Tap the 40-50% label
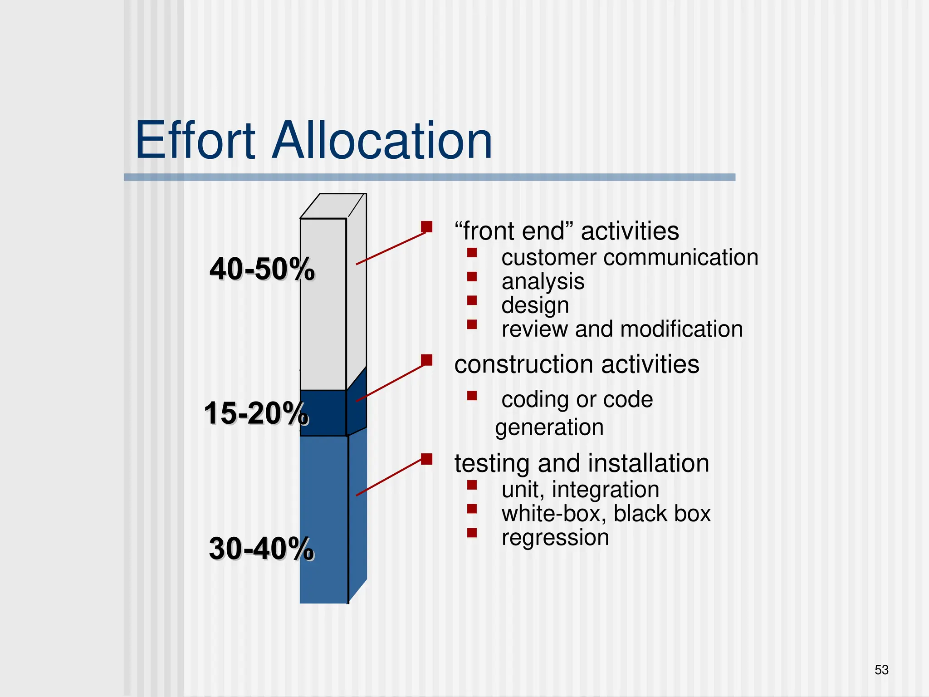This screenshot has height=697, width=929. point(262,269)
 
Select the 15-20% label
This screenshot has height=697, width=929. point(256,413)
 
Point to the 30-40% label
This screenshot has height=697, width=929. point(261,549)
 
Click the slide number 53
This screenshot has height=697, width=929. point(881,670)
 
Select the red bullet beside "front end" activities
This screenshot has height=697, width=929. point(426,226)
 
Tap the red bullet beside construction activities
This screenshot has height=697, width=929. point(426,360)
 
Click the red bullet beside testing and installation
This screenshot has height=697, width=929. point(426,459)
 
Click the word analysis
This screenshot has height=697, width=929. point(543,282)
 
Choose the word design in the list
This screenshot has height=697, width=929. point(535,305)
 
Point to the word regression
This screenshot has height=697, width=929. point(555,538)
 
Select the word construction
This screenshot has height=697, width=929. point(523,364)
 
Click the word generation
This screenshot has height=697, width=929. point(549,427)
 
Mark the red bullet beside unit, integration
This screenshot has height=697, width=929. point(472,485)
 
